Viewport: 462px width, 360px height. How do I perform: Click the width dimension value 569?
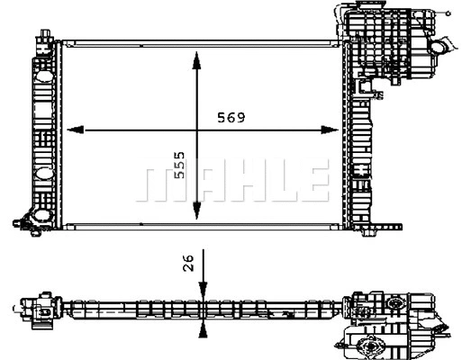(x=231, y=117)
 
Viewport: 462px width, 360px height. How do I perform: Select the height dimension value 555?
(x=180, y=165)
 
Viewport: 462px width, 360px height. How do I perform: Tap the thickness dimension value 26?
(x=188, y=263)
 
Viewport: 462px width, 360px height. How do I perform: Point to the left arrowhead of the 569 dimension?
(x=75, y=130)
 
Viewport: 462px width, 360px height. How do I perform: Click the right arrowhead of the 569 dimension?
(x=330, y=130)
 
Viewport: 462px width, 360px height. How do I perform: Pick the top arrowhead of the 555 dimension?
(x=196, y=60)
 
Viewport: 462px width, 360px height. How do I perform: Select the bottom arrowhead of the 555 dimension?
(x=196, y=211)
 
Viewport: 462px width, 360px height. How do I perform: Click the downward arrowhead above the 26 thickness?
(x=204, y=291)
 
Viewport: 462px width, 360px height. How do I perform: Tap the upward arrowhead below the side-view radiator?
(x=204, y=330)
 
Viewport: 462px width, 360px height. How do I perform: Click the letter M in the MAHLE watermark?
(x=159, y=184)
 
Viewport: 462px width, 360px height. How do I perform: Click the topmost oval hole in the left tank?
(x=44, y=76)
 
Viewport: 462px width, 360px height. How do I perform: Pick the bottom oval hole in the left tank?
(x=42, y=215)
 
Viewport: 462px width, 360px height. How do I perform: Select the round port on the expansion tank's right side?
(x=439, y=48)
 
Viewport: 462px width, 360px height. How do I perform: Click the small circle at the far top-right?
(x=448, y=13)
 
